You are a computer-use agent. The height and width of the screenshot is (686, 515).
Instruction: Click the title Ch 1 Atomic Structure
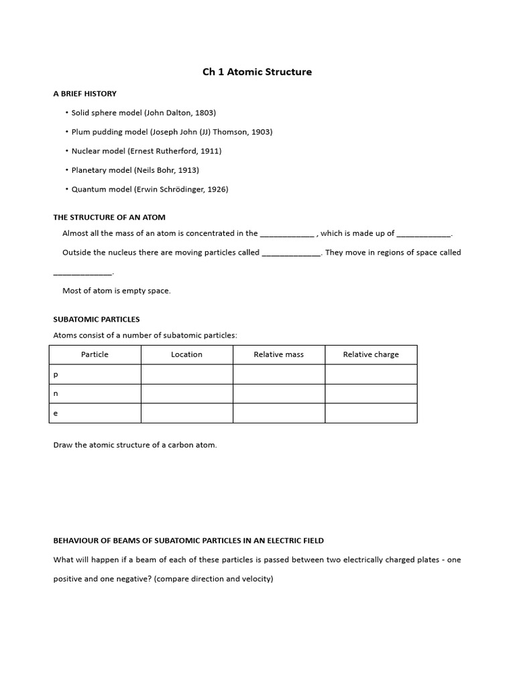[257, 72]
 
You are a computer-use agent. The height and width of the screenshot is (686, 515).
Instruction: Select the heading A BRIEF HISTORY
[84, 94]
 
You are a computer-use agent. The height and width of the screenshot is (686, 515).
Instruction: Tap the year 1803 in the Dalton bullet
[204, 113]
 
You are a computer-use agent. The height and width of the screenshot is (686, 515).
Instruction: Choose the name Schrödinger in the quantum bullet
[179, 190]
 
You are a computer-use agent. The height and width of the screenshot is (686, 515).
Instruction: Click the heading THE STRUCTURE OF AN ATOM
[109, 217]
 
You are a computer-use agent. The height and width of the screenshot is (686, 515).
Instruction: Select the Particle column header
[95, 354]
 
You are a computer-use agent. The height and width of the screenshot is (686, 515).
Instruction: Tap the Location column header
[186, 354]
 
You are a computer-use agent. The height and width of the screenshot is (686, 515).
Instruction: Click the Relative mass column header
[278, 354]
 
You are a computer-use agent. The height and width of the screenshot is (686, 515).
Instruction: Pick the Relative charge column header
[371, 354]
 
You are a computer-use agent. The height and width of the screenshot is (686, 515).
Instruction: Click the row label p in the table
[56, 374]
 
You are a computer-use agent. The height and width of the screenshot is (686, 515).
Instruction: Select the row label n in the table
[56, 394]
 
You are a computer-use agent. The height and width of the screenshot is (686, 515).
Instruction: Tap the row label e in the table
[56, 413]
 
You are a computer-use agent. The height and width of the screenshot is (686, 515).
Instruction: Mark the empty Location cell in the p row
[186, 374]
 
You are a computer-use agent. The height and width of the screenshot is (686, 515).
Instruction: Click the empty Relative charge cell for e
[371, 413]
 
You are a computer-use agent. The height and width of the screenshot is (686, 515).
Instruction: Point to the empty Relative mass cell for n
[278, 394]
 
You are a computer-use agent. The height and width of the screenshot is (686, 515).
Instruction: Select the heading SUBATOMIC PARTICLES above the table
[97, 320]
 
